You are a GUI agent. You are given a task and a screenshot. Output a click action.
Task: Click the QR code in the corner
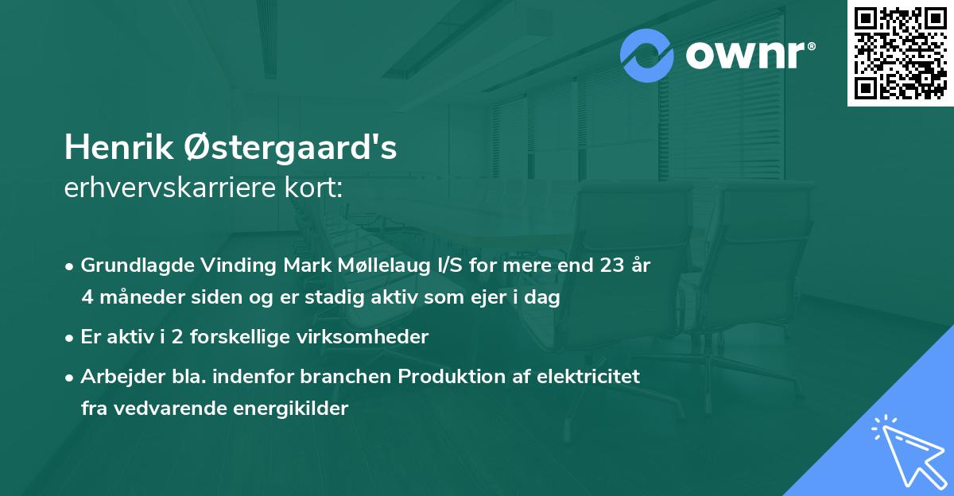tap(901, 52)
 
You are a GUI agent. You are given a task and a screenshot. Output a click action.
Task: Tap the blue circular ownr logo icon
tap(647, 56)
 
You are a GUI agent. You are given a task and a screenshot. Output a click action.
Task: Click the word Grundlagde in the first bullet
tap(130, 265)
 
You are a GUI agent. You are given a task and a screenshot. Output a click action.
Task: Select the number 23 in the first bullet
tap(609, 265)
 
